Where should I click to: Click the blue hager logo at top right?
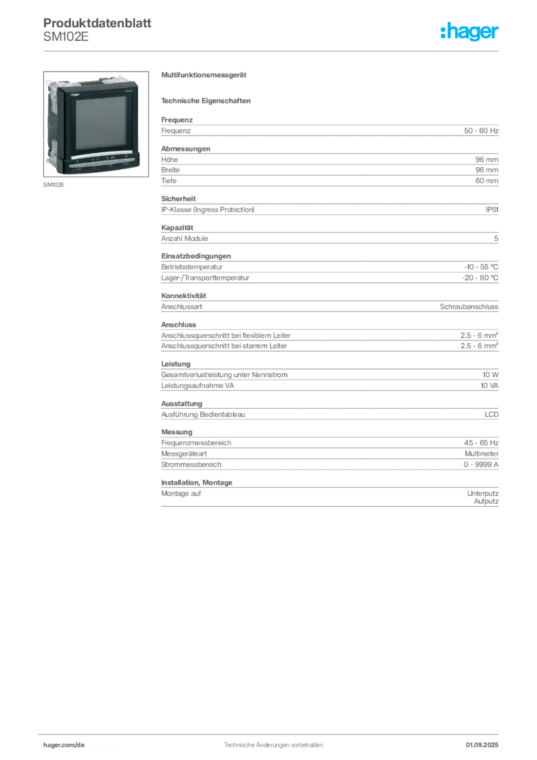tap(471, 33)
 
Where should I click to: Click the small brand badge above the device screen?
tap(77, 95)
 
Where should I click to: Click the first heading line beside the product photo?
tap(205, 76)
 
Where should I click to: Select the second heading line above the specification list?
tap(208, 99)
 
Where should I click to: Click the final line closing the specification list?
tap(329, 508)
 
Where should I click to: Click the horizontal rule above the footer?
tap(273, 732)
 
